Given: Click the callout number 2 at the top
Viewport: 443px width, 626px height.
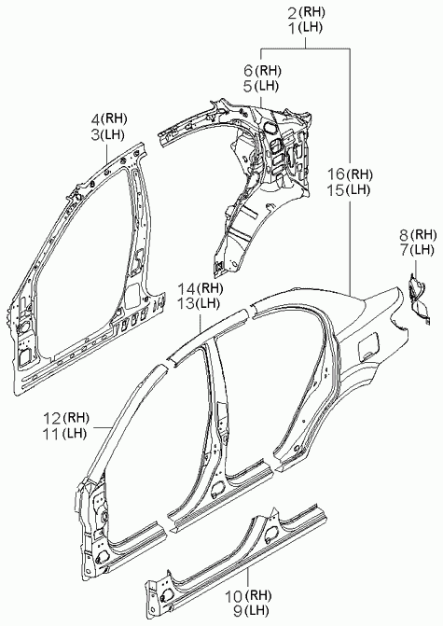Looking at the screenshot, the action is [x=293, y=14].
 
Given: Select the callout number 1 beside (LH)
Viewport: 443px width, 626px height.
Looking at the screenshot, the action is [x=293, y=29].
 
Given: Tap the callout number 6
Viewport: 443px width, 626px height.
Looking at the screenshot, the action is [x=248, y=71].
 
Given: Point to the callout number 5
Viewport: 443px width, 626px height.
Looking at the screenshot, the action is [x=248, y=86].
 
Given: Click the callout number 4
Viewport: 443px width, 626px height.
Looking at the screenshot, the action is [x=95, y=119].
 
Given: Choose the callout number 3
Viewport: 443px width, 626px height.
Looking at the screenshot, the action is [x=95, y=134].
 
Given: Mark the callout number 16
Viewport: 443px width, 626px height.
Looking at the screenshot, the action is [x=336, y=174].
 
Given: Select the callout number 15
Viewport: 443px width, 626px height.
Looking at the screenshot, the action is [x=336, y=190].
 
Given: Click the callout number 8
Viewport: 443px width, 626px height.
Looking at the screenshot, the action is [x=404, y=235].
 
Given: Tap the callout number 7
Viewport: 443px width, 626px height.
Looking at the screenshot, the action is [x=404, y=250].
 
